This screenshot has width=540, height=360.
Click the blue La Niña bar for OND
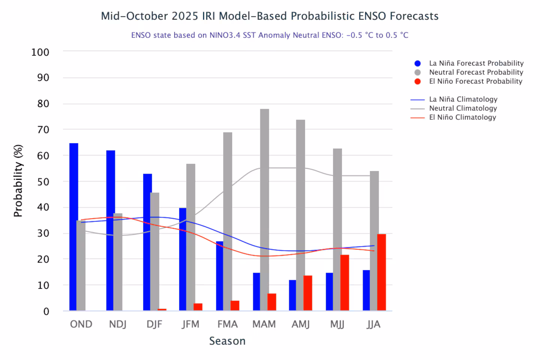74,227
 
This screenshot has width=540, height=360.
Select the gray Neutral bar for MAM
264,210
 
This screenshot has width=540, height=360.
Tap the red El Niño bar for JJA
381,272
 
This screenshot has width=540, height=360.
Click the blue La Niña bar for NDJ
111,231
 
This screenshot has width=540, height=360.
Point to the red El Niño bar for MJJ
345,283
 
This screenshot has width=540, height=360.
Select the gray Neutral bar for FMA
228,221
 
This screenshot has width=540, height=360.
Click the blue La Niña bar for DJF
147,242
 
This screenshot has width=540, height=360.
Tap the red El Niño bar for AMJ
308,293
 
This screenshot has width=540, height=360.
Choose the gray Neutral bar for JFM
191,237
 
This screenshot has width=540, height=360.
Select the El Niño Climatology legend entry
462,117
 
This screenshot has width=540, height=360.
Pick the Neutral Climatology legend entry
463,108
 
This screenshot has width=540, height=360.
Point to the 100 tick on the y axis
40,52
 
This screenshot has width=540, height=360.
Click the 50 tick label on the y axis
43,182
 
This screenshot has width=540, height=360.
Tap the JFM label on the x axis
190,324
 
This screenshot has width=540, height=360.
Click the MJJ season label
337,324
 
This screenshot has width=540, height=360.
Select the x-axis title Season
227,341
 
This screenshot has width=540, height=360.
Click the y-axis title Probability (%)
18,181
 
